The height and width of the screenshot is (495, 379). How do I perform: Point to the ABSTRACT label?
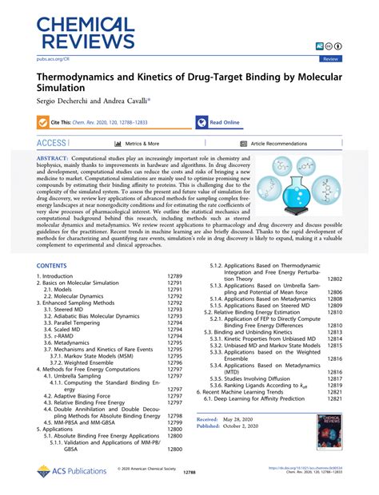(x=55, y=160)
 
